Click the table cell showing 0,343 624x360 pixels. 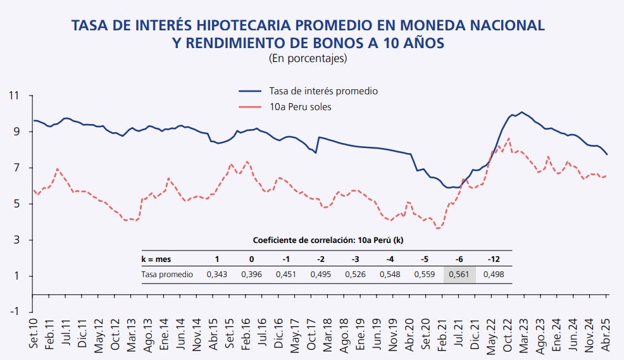(218, 275)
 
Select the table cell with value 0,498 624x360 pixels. (494, 275)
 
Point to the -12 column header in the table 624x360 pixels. (494, 259)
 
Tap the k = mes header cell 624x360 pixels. (156, 259)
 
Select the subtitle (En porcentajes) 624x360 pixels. (308, 58)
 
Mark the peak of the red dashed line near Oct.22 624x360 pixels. (509, 139)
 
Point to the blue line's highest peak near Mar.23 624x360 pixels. (521, 112)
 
